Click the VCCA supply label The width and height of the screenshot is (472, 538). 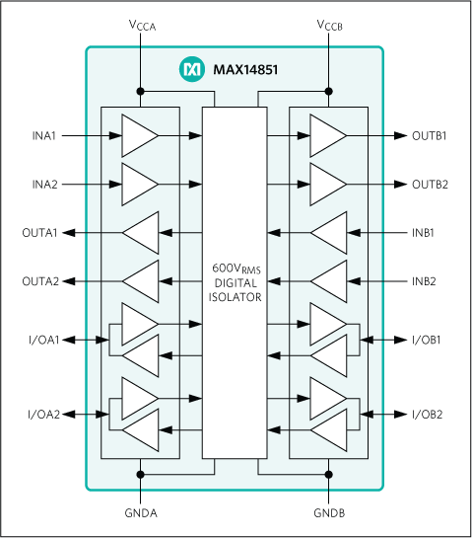142,24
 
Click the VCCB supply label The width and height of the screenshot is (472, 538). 329,24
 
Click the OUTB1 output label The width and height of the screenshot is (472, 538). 430,135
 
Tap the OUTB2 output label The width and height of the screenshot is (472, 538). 430,184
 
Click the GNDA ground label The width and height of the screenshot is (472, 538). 142,514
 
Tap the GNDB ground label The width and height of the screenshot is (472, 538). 329,514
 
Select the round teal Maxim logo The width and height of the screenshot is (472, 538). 190,69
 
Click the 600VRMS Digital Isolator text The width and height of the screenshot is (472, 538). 235,283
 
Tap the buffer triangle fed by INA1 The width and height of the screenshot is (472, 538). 138,135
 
